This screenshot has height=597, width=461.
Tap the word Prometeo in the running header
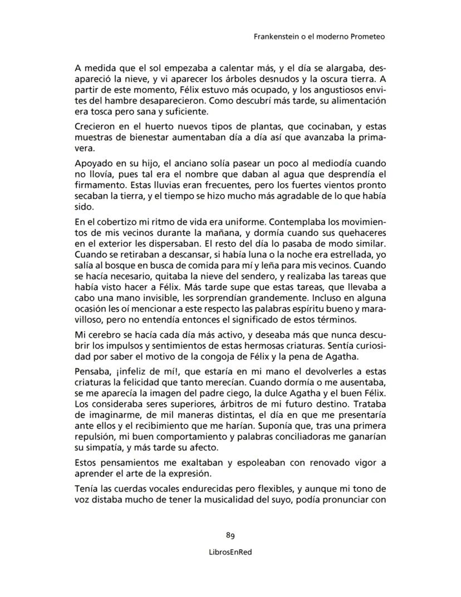tap(367, 37)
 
